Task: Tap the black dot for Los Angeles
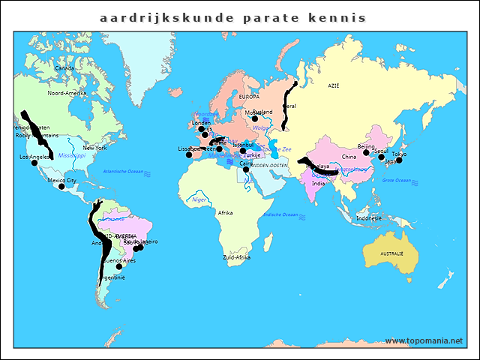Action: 34,163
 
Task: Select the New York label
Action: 94,148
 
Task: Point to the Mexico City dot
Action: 61,186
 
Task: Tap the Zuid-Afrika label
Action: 236,257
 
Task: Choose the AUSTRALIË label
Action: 391,254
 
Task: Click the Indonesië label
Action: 369,218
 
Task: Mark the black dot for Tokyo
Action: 399,160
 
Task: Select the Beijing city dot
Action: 366,152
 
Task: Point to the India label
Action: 319,183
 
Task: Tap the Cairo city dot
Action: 246,169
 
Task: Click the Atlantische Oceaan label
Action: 123,172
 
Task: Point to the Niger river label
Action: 199,199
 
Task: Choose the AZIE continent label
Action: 334,86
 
